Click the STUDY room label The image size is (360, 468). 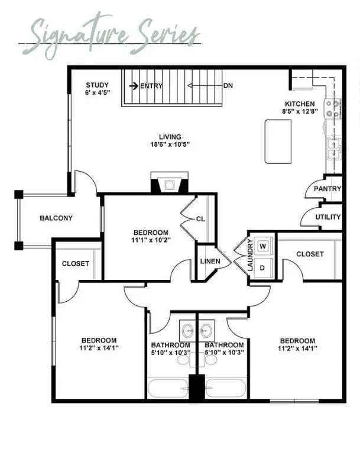pos(97,85)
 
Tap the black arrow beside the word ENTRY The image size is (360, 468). pos(134,86)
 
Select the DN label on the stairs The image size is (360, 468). pos(228,86)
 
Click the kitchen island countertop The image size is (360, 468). pos(278,141)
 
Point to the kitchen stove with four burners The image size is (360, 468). pos(333,109)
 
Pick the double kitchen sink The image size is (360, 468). pos(335,149)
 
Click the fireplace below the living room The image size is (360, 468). pos(170,182)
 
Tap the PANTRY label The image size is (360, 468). pos(327,189)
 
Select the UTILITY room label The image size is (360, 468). pos(328,217)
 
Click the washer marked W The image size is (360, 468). pos(263,246)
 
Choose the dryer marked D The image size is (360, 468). pos(262,268)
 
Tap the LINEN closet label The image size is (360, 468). pos(210,261)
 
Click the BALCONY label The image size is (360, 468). pos(56,218)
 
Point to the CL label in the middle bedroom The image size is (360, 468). pos(201,219)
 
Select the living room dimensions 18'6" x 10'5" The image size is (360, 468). pos(170,144)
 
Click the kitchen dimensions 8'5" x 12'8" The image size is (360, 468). pos(300,111)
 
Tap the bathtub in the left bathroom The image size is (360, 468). pos(168,388)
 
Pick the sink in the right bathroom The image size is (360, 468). pos(206,330)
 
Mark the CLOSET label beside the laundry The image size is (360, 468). pos(310,254)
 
